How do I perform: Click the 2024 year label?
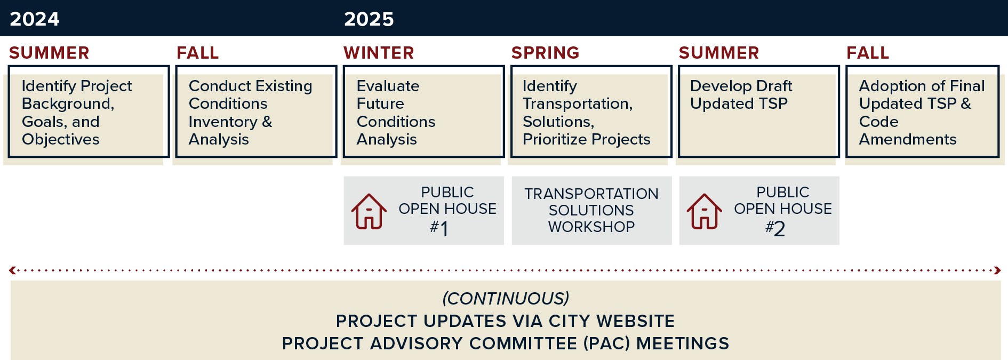(x=35, y=19)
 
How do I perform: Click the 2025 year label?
(x=369, y=19)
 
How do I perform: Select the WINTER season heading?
(x=379, y=53)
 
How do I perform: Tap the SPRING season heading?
(x=545, y=53)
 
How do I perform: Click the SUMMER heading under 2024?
(x=49, y=53)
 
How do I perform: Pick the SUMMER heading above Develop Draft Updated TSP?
(x=719, y=53)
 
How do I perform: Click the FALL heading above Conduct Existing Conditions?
(x=198, y=53)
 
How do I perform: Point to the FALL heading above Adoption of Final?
(x=868, y=53)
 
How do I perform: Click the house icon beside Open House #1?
(x=369, y=211)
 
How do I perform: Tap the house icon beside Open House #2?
(x=705, y=211)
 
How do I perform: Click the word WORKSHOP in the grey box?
(x=591, y=227)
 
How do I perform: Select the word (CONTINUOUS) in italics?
(x=506, y=298)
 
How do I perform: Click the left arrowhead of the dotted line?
(x=12, y=270)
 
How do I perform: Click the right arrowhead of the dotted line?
(x=997, y=270)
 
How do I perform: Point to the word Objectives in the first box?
(x=61, y=140)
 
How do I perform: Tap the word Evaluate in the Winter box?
(x=388, y=86)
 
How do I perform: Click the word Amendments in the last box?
(x=908, y=140)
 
